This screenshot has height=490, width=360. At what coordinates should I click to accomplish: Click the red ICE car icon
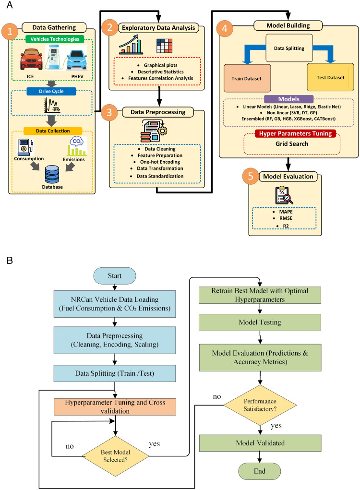click(x=31, y=59)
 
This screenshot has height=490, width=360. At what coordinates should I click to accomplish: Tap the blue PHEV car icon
click(x=77, y=59)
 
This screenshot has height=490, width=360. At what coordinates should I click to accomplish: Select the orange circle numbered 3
click(x=109, y=112)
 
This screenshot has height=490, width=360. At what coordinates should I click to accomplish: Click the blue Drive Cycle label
click(x=51, y=91)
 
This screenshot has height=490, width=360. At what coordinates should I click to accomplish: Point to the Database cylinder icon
click(x=52, y=174)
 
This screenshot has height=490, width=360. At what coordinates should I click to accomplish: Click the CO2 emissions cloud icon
click(x=77, y=141)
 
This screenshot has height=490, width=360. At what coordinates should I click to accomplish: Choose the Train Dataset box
click(x=247, y=78)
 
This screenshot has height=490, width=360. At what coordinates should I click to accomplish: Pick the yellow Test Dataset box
click(x=330, y=77)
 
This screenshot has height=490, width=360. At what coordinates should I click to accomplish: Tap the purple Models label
click(x=289, y=99)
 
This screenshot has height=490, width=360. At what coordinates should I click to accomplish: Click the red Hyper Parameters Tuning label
click(x=295, y=133)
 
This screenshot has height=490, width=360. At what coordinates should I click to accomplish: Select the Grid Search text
click(x=292, y=144)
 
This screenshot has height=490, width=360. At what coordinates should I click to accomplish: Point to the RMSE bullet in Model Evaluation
click(x=286, y=218)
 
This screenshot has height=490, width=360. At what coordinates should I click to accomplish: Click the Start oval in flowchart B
click(x=115, y=275)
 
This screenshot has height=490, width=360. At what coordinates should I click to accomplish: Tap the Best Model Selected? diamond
click(x=115, y=456)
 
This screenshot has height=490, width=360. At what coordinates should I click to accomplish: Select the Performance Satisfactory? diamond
click(x=260, y=405)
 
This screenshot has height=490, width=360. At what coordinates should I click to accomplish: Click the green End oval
click(x=259, y=471)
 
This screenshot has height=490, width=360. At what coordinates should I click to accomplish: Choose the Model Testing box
click(x=260, y=322)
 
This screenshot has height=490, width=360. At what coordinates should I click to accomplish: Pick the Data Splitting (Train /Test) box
click(x=115, y=373)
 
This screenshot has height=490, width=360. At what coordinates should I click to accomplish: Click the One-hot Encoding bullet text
click(x=160, y=162)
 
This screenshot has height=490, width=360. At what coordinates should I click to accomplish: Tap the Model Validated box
click(x=260, y=443)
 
